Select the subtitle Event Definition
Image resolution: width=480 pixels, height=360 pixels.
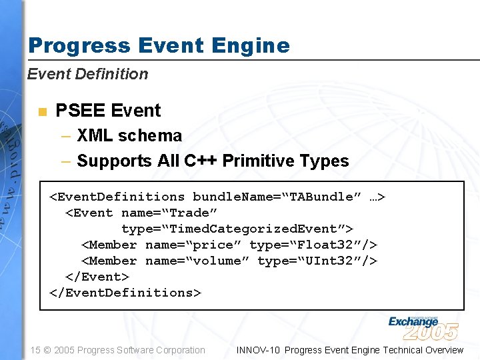pyautogui.click(x=87, y=74)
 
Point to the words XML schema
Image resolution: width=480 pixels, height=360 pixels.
pyautogui.click(x=129, y=136)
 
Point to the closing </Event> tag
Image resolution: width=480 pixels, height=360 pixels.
pyautogui.click(x=97, y=277)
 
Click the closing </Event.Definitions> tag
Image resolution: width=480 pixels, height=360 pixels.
pyautogui.click(x=125, y=293)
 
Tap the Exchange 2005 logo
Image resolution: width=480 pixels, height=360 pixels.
pyautogui.click(x=423, y=327)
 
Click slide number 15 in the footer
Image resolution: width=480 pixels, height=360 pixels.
pyautogui.click(x=35, y=350)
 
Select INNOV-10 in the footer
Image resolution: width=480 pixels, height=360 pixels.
pyautogui.click(x=258, y=350)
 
